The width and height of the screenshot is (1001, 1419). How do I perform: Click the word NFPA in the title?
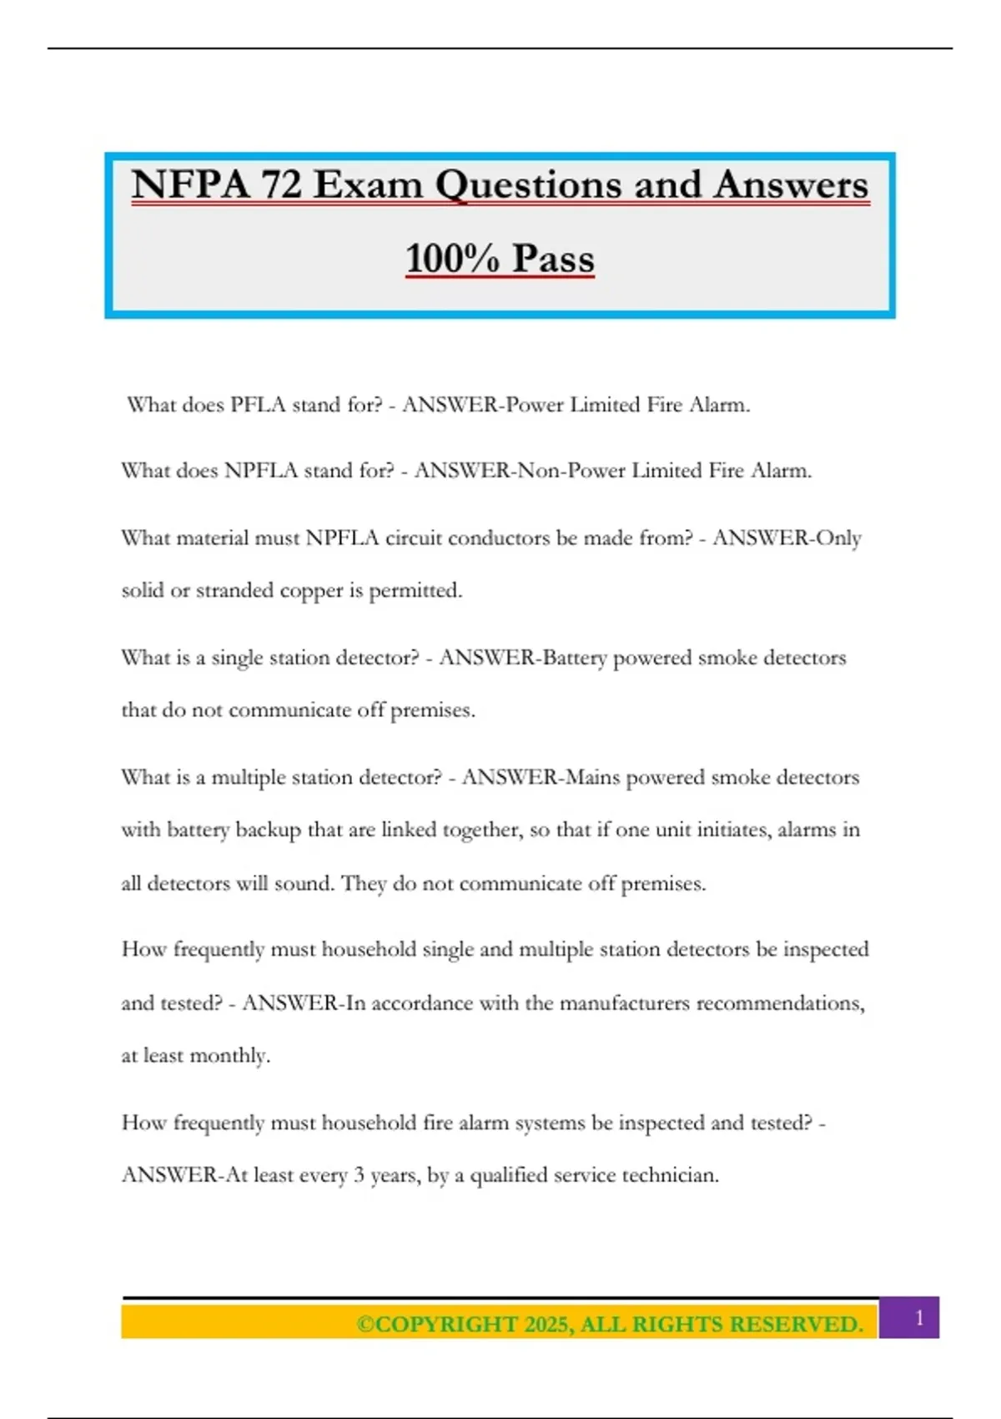[x=190, y=184]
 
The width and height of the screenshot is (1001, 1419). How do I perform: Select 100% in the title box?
[x=451, y=258]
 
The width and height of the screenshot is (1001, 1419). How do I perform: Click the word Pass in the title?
[x=553, y=258]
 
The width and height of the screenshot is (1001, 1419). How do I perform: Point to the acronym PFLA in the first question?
[x=258, y=405]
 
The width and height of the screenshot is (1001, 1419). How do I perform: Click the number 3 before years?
[x=359, y=1175]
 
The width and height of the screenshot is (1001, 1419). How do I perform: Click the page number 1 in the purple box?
[x=919, y=1318]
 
